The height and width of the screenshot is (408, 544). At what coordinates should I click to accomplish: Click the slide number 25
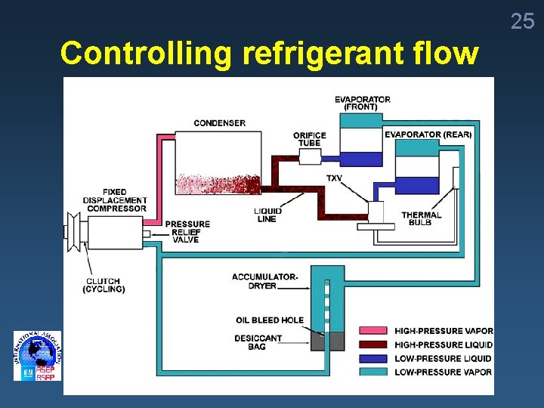pyautogui.click(x=522, y=21)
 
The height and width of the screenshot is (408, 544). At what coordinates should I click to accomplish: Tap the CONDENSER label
pyautogui.click(x=219, y=123)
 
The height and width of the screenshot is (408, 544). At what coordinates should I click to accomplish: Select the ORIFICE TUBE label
pyautogui.click(x=309, y=140)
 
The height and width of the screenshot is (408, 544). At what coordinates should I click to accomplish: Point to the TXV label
pyautogui.click(x=333, y=178)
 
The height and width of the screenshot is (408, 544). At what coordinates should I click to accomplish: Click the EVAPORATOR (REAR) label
pyautogui.click(x=428, y=134)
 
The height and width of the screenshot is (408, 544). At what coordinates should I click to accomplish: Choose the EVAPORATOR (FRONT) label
pyautogui.click(x=363, y=103)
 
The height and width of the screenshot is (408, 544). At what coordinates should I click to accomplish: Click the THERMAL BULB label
pyautogui.click(x=421, y=219)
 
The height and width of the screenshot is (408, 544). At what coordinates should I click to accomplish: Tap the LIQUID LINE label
pyautogui.click(x=266, y=215)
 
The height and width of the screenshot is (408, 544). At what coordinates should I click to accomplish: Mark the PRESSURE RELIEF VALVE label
pyautogui.click(x=187, y=232)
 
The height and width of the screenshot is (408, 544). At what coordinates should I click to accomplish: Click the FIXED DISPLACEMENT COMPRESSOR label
pyautogui.click(x=116, y=200)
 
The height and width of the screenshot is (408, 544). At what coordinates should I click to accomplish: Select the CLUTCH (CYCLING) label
pyautogui.click(x=104, y=286)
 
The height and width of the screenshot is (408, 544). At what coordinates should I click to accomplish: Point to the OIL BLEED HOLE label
pyautogui.click(x=269, y=320)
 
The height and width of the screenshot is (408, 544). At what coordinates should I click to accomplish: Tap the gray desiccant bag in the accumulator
pyautogui.click(x=327, y=341)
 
